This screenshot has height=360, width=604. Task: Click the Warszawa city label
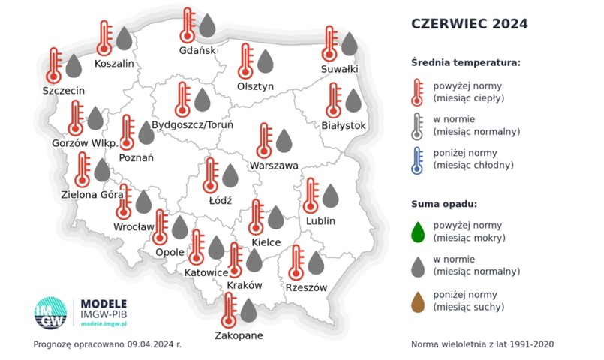(274, 166)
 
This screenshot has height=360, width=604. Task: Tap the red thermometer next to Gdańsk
(188, 25)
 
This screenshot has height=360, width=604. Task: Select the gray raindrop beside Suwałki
(349, 43)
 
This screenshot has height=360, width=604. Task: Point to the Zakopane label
(239, 335)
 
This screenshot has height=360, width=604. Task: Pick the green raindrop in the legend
(419, 230)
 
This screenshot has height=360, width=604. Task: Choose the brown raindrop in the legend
(419, 299)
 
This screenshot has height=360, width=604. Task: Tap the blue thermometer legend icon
(418, 159)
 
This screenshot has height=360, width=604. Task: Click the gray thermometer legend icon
(418, 124)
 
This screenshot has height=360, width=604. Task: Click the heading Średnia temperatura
(465, 61)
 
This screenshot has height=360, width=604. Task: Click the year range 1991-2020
(528, 344)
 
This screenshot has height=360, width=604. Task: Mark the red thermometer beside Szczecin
(53, 65)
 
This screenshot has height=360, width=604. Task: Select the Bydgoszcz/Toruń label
(193, 124)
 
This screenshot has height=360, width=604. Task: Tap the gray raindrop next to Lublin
(330, 196)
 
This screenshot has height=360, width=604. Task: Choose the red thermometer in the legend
(418, 90)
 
